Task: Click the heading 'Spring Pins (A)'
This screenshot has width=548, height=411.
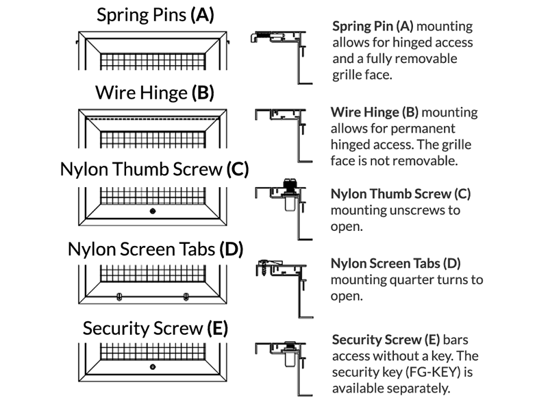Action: click(x=155, y=15)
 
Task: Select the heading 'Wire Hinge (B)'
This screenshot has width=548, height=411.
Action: click(x=155, y=92)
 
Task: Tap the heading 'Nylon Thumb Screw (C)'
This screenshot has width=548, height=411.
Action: click(x=154, y=169)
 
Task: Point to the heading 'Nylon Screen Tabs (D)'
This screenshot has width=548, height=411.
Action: click(x=155, y=249)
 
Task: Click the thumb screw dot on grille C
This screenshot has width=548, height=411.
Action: click(x=153, y=210)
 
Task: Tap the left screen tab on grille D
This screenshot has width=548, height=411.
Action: click(x=121, y=297)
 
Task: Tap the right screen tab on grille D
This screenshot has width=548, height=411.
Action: click(x=186, y=297)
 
